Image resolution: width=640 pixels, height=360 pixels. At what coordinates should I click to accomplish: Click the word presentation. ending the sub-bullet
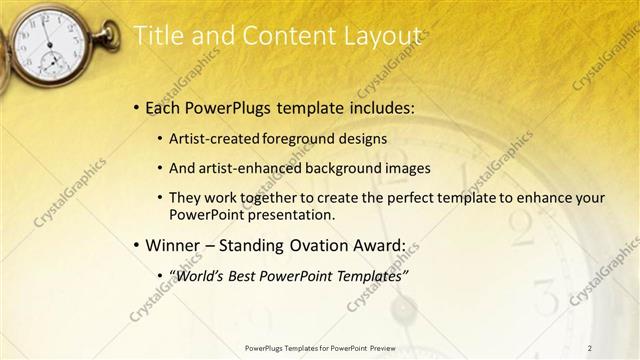point(288,215)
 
